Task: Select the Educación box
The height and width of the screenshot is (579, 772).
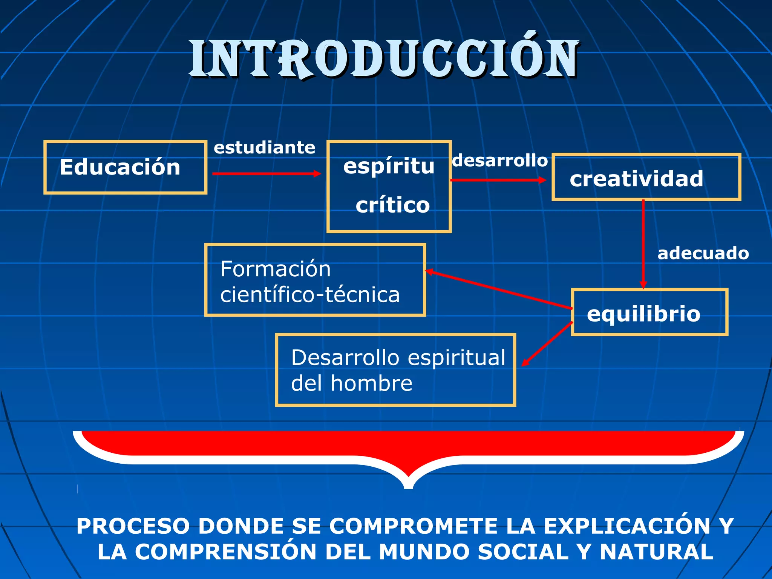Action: click(x=125, y=167)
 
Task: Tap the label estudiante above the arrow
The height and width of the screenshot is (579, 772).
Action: click(x=264, y=147)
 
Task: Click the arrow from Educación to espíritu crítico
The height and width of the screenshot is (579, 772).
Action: click(x=266, y=174)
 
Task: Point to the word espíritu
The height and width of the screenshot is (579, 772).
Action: click(x=389, y=166)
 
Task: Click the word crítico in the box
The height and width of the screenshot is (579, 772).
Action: click(x=392, y=205)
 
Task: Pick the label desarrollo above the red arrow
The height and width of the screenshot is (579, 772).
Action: click(x=500, y=161)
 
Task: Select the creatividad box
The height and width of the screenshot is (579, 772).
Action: click(x=646, y=177)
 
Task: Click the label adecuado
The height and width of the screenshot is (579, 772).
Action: click(x=703, y=253)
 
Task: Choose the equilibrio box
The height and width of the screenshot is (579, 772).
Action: click(x=649, y=312)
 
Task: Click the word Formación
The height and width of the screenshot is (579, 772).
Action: click(x=276, y=269)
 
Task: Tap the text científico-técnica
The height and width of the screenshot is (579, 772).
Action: click(x=310, y=295)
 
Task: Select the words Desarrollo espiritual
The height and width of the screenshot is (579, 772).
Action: click(x=398, y=358)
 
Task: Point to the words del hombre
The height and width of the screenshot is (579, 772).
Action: click(x=351, y=383)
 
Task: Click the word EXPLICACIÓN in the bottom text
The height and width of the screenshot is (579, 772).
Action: click(x=627, y=526)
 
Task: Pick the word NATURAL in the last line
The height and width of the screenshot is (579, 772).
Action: click(x=656, y=552)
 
